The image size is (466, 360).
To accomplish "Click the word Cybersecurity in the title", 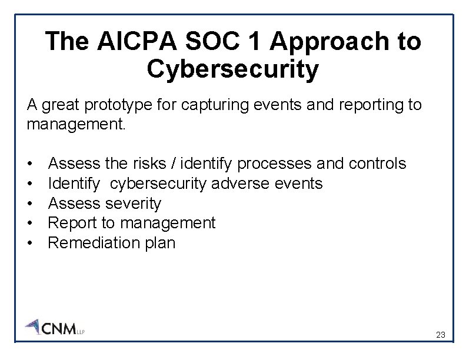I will click(x=233, y=69).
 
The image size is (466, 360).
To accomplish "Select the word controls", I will click(x=377, y=163).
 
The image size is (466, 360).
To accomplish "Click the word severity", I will click(x=133, y=204).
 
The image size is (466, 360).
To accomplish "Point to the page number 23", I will click(x=440, y=335).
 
